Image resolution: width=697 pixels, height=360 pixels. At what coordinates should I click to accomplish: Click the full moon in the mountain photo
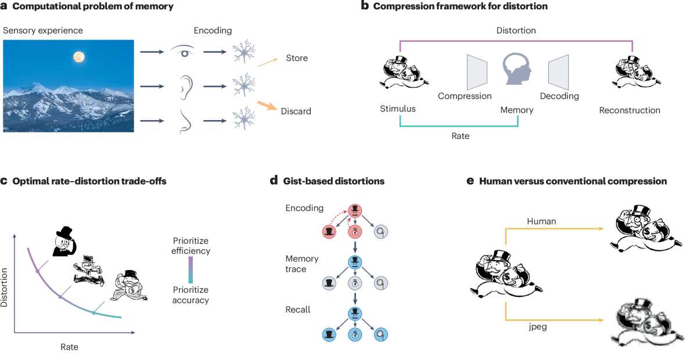(79, 57)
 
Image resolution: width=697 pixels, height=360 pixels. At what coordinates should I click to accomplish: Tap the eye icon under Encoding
(183, 51)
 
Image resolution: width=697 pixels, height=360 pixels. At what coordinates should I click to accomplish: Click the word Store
(297, 58)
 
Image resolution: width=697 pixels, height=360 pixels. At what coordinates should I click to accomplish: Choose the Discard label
(296, 111)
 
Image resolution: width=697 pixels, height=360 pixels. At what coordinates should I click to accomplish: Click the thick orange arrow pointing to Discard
(267, 106)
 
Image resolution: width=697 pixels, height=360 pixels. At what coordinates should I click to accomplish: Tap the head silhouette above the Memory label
(516, 69)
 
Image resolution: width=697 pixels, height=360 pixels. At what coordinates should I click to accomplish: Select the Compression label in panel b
(465, 96)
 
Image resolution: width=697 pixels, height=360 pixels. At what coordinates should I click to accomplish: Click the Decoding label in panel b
(559, 96)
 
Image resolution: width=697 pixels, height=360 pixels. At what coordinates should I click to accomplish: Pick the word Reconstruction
(630, 110)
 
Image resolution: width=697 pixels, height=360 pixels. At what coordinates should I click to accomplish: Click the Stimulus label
(397, 109)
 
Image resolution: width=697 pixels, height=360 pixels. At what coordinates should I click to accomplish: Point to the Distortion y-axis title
(4, 287)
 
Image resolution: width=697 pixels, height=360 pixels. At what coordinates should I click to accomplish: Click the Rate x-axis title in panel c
(69, 347)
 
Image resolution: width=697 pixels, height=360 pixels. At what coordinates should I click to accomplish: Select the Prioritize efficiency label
(191, 246)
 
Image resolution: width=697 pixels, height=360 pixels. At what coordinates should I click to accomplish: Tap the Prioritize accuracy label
(191, 295)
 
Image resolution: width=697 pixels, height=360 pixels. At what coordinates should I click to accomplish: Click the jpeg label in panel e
(538, 327)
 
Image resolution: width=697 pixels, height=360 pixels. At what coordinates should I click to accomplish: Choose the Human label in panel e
(541, 221)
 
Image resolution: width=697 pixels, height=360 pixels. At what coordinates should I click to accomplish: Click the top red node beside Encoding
(355, 211)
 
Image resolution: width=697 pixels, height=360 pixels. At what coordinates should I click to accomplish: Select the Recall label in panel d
(298, 309)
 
